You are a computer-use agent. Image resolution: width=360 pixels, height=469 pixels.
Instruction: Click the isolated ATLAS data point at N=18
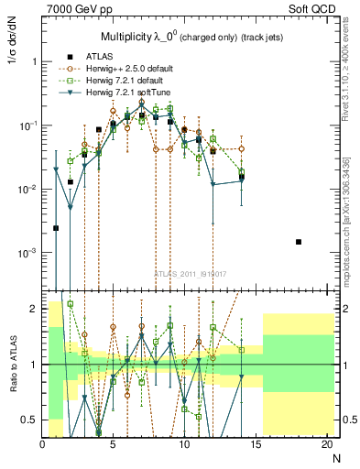coord(299,242)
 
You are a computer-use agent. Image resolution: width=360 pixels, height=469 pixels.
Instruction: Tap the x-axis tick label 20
coord(327,445)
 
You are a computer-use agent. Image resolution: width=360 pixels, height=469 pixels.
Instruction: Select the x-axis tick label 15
coord(256,445)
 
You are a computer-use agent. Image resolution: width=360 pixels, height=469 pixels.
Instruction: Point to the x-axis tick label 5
coord(114,445)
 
